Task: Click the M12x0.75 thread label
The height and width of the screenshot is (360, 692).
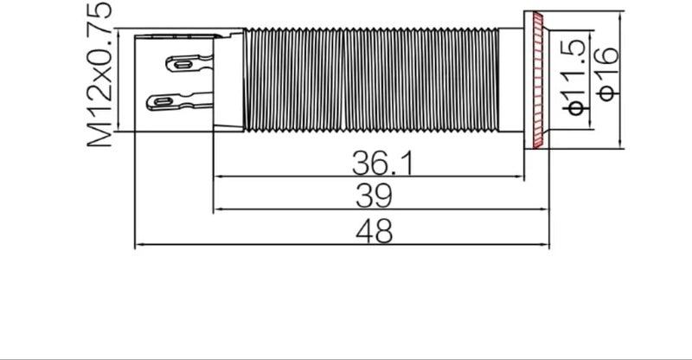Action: click(x=99, y=74)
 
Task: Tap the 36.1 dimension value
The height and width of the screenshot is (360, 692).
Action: click(x=383, y=163)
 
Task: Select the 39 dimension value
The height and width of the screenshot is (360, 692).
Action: click(x=374, y=196)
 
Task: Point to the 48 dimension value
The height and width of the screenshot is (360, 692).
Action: click(x=374, y=231)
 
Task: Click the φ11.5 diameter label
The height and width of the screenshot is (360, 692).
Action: click(x=576, y=77)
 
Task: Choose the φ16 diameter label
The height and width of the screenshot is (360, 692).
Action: click(x=607, y=74)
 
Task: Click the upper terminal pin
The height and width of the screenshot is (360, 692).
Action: click(x=189, y=63)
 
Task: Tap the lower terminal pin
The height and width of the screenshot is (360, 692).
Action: click(x=180, y=101)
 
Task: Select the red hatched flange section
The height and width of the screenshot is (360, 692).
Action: click(x=538, y=80)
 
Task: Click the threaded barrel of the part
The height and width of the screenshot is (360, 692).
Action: click(x=371, y=80)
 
